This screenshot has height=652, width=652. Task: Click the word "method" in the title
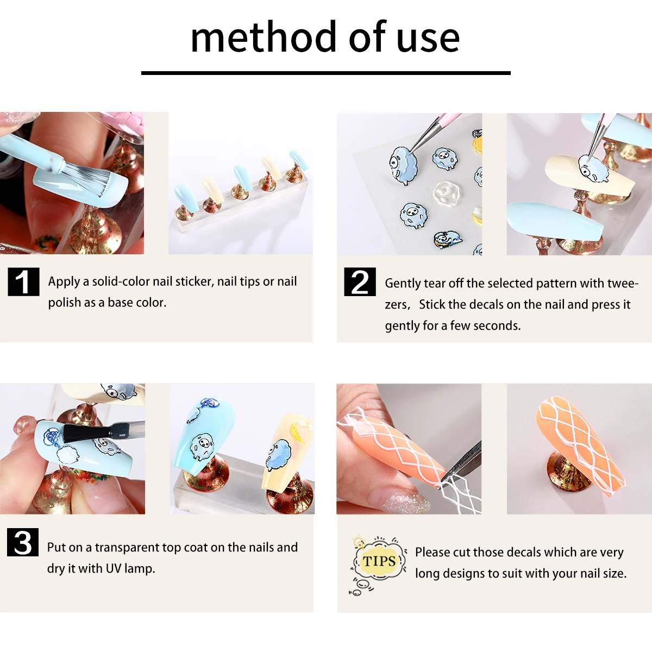(x=265, y=38)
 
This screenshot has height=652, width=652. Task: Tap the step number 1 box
(x=23, y=282)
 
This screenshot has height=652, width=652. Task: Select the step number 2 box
(x=360, y=282)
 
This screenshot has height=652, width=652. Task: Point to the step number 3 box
(x=23, y=542)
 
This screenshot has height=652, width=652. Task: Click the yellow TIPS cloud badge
(x=379, y=561)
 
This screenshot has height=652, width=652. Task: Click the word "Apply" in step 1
(x=64, y=281)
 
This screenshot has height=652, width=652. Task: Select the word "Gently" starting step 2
(x=403, y=284)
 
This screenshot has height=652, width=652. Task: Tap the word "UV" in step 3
(x=114, y=568)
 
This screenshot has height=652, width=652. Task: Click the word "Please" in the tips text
(x=432, y=553)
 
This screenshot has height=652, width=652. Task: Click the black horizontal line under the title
(x=326, y=73)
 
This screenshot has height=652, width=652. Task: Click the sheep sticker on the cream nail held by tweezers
(x=592, y=169)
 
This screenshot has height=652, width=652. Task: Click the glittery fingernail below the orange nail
(x=405, y=500)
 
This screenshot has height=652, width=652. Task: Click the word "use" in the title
(x=428, y=38)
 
